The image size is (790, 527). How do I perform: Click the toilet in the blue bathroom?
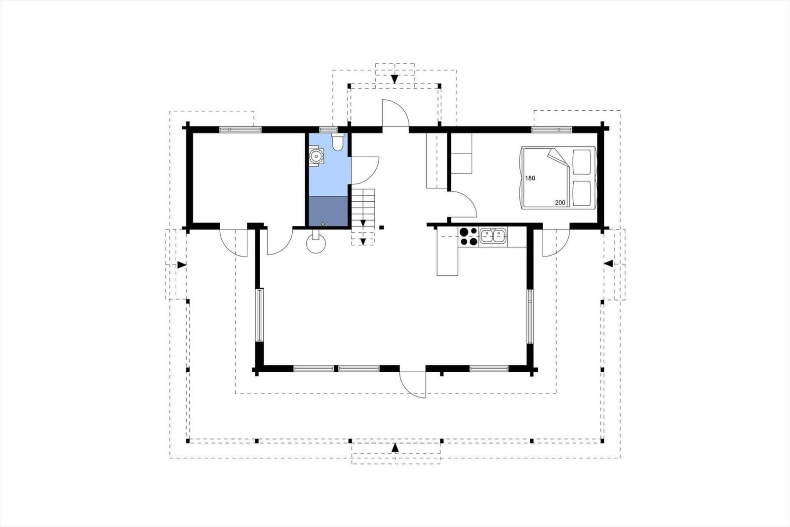tap(338, 142)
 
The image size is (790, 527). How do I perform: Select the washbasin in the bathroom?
tap(316, 156)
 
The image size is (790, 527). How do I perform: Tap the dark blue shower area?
tap(328, 211)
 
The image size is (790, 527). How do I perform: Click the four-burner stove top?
tap(469, 237)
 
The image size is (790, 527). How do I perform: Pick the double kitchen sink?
tap(493, 236)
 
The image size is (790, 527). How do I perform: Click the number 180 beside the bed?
tap(530, 178)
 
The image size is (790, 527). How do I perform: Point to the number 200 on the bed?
tap(560, 203)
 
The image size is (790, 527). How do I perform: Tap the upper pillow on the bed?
tap(582, 162)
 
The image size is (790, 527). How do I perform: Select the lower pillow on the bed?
tap(582, 193)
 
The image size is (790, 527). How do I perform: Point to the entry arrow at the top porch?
tap(395, 79)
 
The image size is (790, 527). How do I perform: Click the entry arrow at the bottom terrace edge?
tap(395, 447)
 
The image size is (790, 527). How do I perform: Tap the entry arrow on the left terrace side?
tap(182, 264)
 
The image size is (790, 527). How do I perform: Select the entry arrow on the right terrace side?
tap(608, 263)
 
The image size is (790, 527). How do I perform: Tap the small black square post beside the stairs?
tap(381, 227)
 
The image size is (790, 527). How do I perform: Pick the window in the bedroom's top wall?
tap(552, 130)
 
